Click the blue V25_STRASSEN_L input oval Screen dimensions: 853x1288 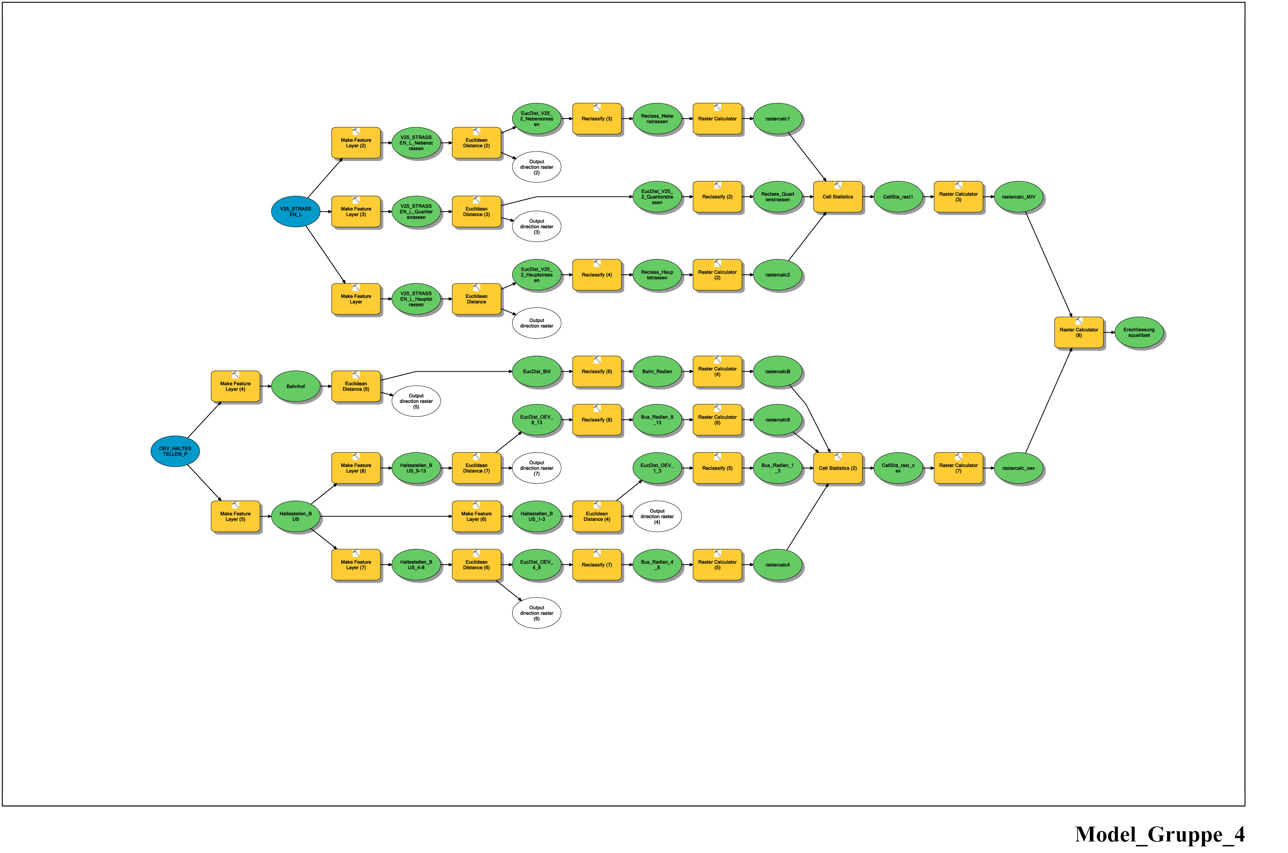[x=295, y=212]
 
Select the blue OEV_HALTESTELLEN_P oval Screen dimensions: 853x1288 [x=175, y=451]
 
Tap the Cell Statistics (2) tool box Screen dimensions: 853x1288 [x=837, y=468]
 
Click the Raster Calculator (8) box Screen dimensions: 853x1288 [x=1079, y=333]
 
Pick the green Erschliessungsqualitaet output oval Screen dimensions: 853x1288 [x=1139, y=333]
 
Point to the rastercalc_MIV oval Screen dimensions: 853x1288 [x=1018, y=197]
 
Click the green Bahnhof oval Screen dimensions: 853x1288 [x=295, y=386]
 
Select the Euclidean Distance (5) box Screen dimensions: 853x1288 [x=356, y=386]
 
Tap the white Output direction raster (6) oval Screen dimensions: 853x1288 [x=537, y=613]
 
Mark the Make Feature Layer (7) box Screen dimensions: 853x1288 [x=356, y=565]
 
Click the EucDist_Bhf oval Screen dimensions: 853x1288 [x=537, y=372]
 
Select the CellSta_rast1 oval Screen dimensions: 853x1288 [x=898, y=197]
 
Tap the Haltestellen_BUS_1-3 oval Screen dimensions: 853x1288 [x=537, y=516]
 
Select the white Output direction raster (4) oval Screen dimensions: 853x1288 [x=657, y=516]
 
